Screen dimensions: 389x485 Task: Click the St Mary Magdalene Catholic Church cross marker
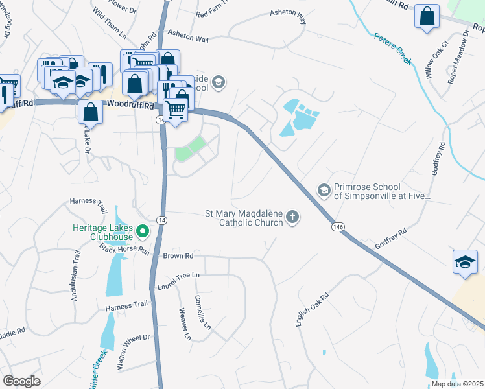(x=292, y=217)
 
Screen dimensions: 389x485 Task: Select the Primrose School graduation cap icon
(x=324, y=190)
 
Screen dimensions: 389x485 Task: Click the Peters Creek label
(x=393, y=48)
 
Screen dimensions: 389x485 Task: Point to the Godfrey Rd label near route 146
(x=390, y=239)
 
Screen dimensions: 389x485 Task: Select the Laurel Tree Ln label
(x=178, y=281)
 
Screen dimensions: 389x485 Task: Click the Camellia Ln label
(x=204, y=312)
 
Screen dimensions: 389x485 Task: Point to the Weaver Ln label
(x=185, y=324)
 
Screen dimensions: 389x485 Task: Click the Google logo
(x=21, y=381)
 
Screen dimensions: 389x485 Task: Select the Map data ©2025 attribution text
(x=457, y=384)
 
